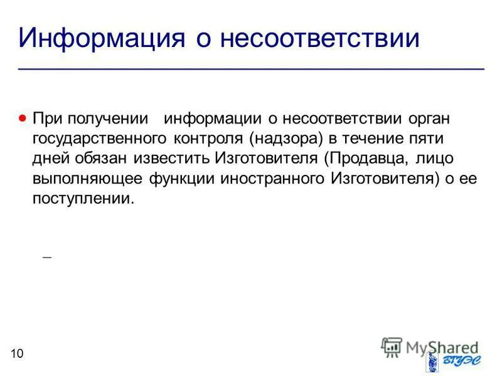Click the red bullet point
pyautogui.click(x=23, y=117)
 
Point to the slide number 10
pyautogui.click(x=17, y=355)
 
